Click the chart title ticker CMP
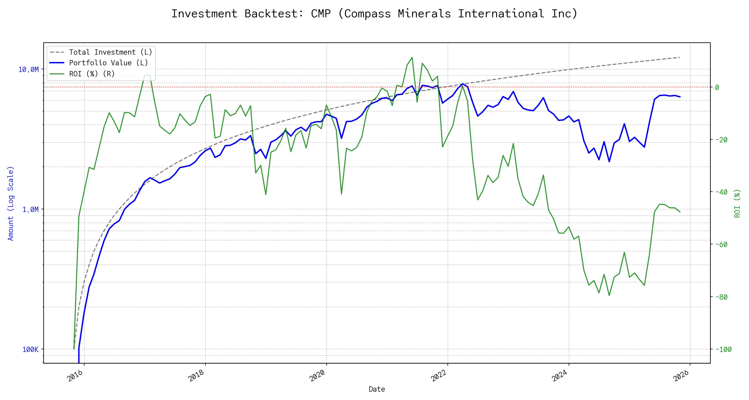pyautogui.click(x=321, y=14)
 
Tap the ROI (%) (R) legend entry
pyautogui.click(x=92, y=74)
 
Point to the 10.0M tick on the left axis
pyautogui.click(x=28, y=69)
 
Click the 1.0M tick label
pyautogui.click(x=30, y=209)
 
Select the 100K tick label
pyautogui.click(x=30, y=349)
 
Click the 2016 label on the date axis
pyautogui.click(x=75, y=376)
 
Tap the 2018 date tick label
pyautogui.click(x=196, y=376)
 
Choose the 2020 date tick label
pyautogui.click(x=318, y=376)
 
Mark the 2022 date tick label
pyautogui.click(x=439, y=376)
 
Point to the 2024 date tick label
pyautogui.click(x=560, y=376)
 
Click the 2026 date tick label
pyautogui.click(x=681, y=376)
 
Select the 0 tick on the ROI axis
pyautogui.click(x=717, y=87)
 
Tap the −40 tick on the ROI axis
pyautogui.click(x=721, y=192)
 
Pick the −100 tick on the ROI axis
pyautogui.click(x=722, y=349)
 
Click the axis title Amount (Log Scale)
pyautogui.click(x=11, y=203)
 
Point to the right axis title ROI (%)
pyautogui.click(x=738, y=203)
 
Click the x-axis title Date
pyautogui.click(x=377, y=389)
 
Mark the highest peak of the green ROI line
pyautogui.click(x=412, y=57)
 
